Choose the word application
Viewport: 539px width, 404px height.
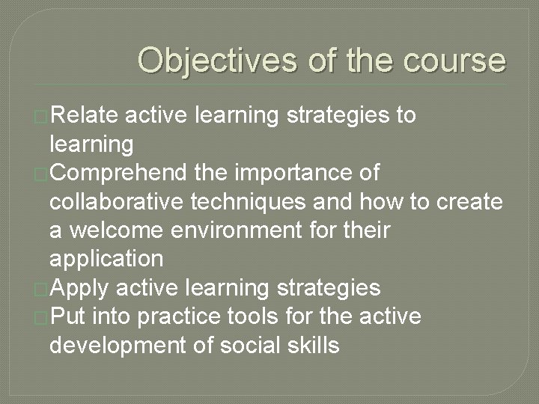click(x=106, y=259)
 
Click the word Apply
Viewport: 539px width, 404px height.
click(x=81, y=288)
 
